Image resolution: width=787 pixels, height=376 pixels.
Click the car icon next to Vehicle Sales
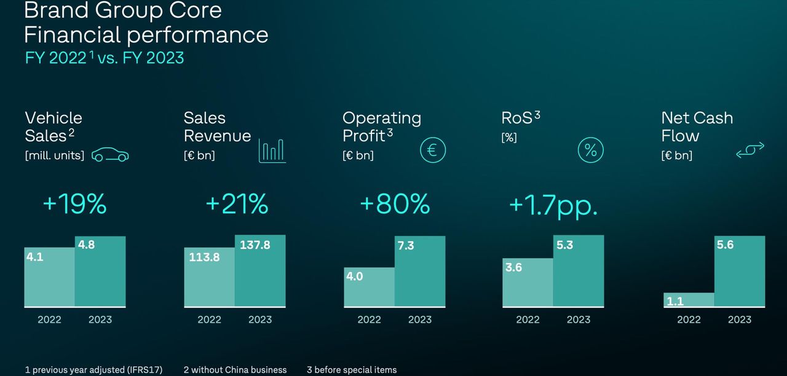click(x=110, y=155)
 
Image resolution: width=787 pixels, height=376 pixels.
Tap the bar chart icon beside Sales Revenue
click(x=272, y=151)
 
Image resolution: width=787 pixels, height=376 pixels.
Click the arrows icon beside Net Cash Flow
click(x=750, y=150)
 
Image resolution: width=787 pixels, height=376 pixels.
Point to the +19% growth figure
click(x=75, y=205)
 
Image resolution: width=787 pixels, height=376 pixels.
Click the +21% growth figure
click(x=237, y=205)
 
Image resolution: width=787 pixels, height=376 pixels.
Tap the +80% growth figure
click(x=395, y=205)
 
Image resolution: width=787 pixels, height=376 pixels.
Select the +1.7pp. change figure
click(x=553, y=205)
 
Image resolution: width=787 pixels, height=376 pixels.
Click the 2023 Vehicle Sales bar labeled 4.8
click(x=100, y=271)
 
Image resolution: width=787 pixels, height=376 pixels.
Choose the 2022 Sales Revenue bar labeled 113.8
click(x=209, y=277)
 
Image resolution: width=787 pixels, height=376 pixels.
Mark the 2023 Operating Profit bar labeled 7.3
click(x=420, y=271)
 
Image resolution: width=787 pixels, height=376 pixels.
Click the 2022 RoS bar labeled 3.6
click(x=528, y=282)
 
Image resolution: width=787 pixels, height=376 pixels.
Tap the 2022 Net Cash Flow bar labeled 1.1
click(x=689, y=299)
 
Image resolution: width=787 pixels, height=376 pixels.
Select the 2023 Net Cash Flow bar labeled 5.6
click(x=740, y=271)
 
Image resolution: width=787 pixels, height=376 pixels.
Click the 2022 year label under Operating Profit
click(x=369, y=319)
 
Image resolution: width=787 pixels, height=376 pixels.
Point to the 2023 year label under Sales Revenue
click(x=260, y=319)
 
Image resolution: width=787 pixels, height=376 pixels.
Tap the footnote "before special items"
click(x=355, y=370)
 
